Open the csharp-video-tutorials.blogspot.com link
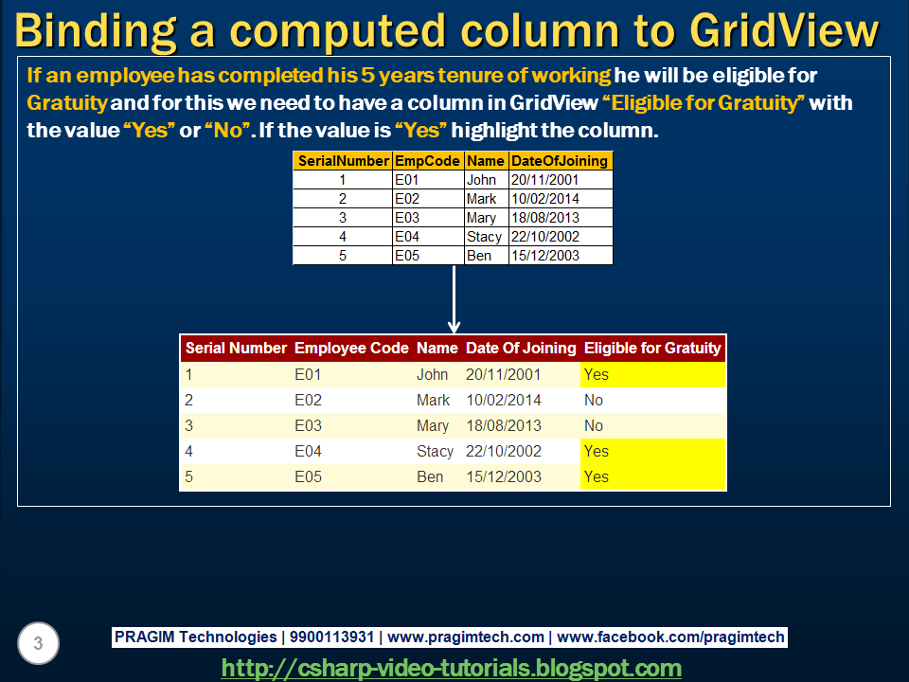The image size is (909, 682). coord(452,668)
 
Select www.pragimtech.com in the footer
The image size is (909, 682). coord(466,637)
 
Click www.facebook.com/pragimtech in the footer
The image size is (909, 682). coord(671,637)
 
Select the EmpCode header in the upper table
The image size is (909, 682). coord(428,161)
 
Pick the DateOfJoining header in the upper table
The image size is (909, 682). coord(560,161)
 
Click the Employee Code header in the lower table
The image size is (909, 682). coord(351,348)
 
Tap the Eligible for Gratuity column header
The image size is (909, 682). coord(651,348)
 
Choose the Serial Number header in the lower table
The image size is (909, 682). coord(236,348)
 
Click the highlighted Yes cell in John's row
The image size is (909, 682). coord(652,374)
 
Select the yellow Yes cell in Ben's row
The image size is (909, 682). coord(652,476)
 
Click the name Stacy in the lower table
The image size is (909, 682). coord(435,451)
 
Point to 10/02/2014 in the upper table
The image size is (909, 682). coord(544,199)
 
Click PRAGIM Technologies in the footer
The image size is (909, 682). coord(195,637)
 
